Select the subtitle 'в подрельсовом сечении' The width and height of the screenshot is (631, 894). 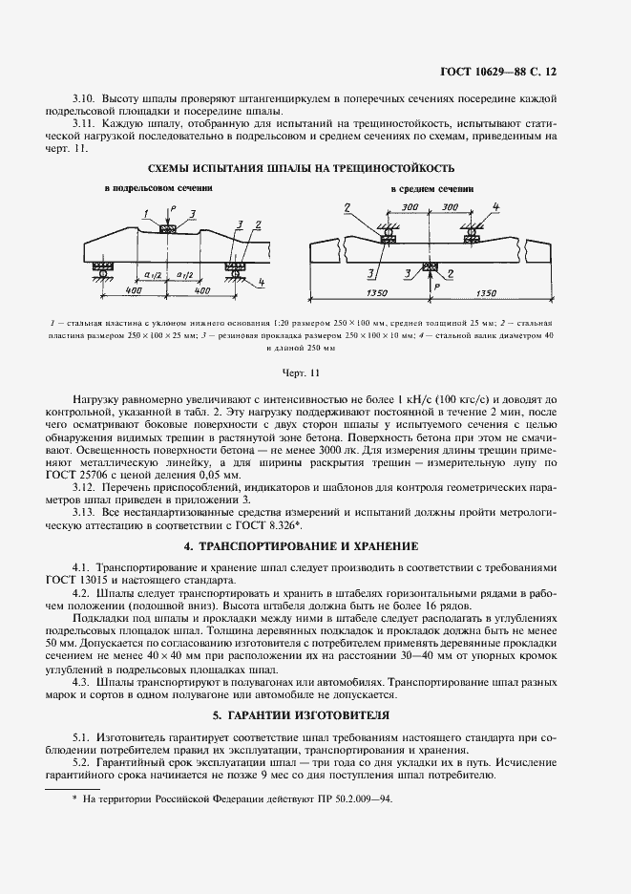point(158,189)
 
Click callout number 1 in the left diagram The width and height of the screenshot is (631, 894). point(145,212)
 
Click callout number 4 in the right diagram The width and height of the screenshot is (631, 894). point(496,206)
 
